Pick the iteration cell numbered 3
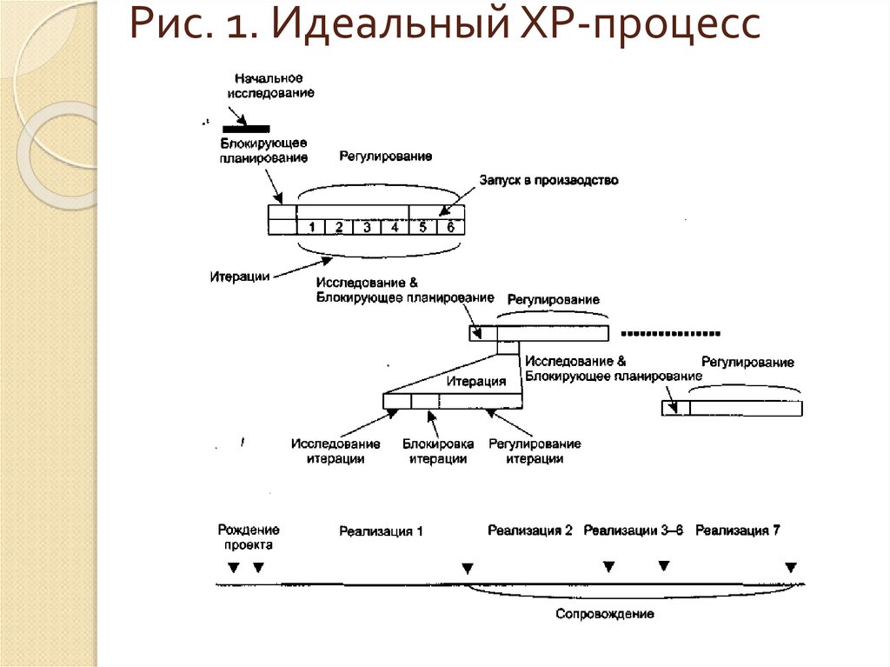click(x=367, y=227)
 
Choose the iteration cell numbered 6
click(x=450, y=227)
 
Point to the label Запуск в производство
click(x=548, y=180)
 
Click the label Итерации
click(x=238, y=277)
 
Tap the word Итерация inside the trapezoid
click(x=476, y=381)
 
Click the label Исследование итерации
click(x=335, y=451)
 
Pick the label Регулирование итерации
click(x=535, y=451)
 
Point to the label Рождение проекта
click(x=249, y=537)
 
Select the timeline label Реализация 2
click(x=529, y=530)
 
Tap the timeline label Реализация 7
click(x=737, y=530)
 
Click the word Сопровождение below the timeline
click(x=605, y=614)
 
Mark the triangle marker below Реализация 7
click(x=790, y=568)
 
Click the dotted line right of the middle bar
click(x=672, y=333)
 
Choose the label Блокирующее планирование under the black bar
click(x=263, y=150)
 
